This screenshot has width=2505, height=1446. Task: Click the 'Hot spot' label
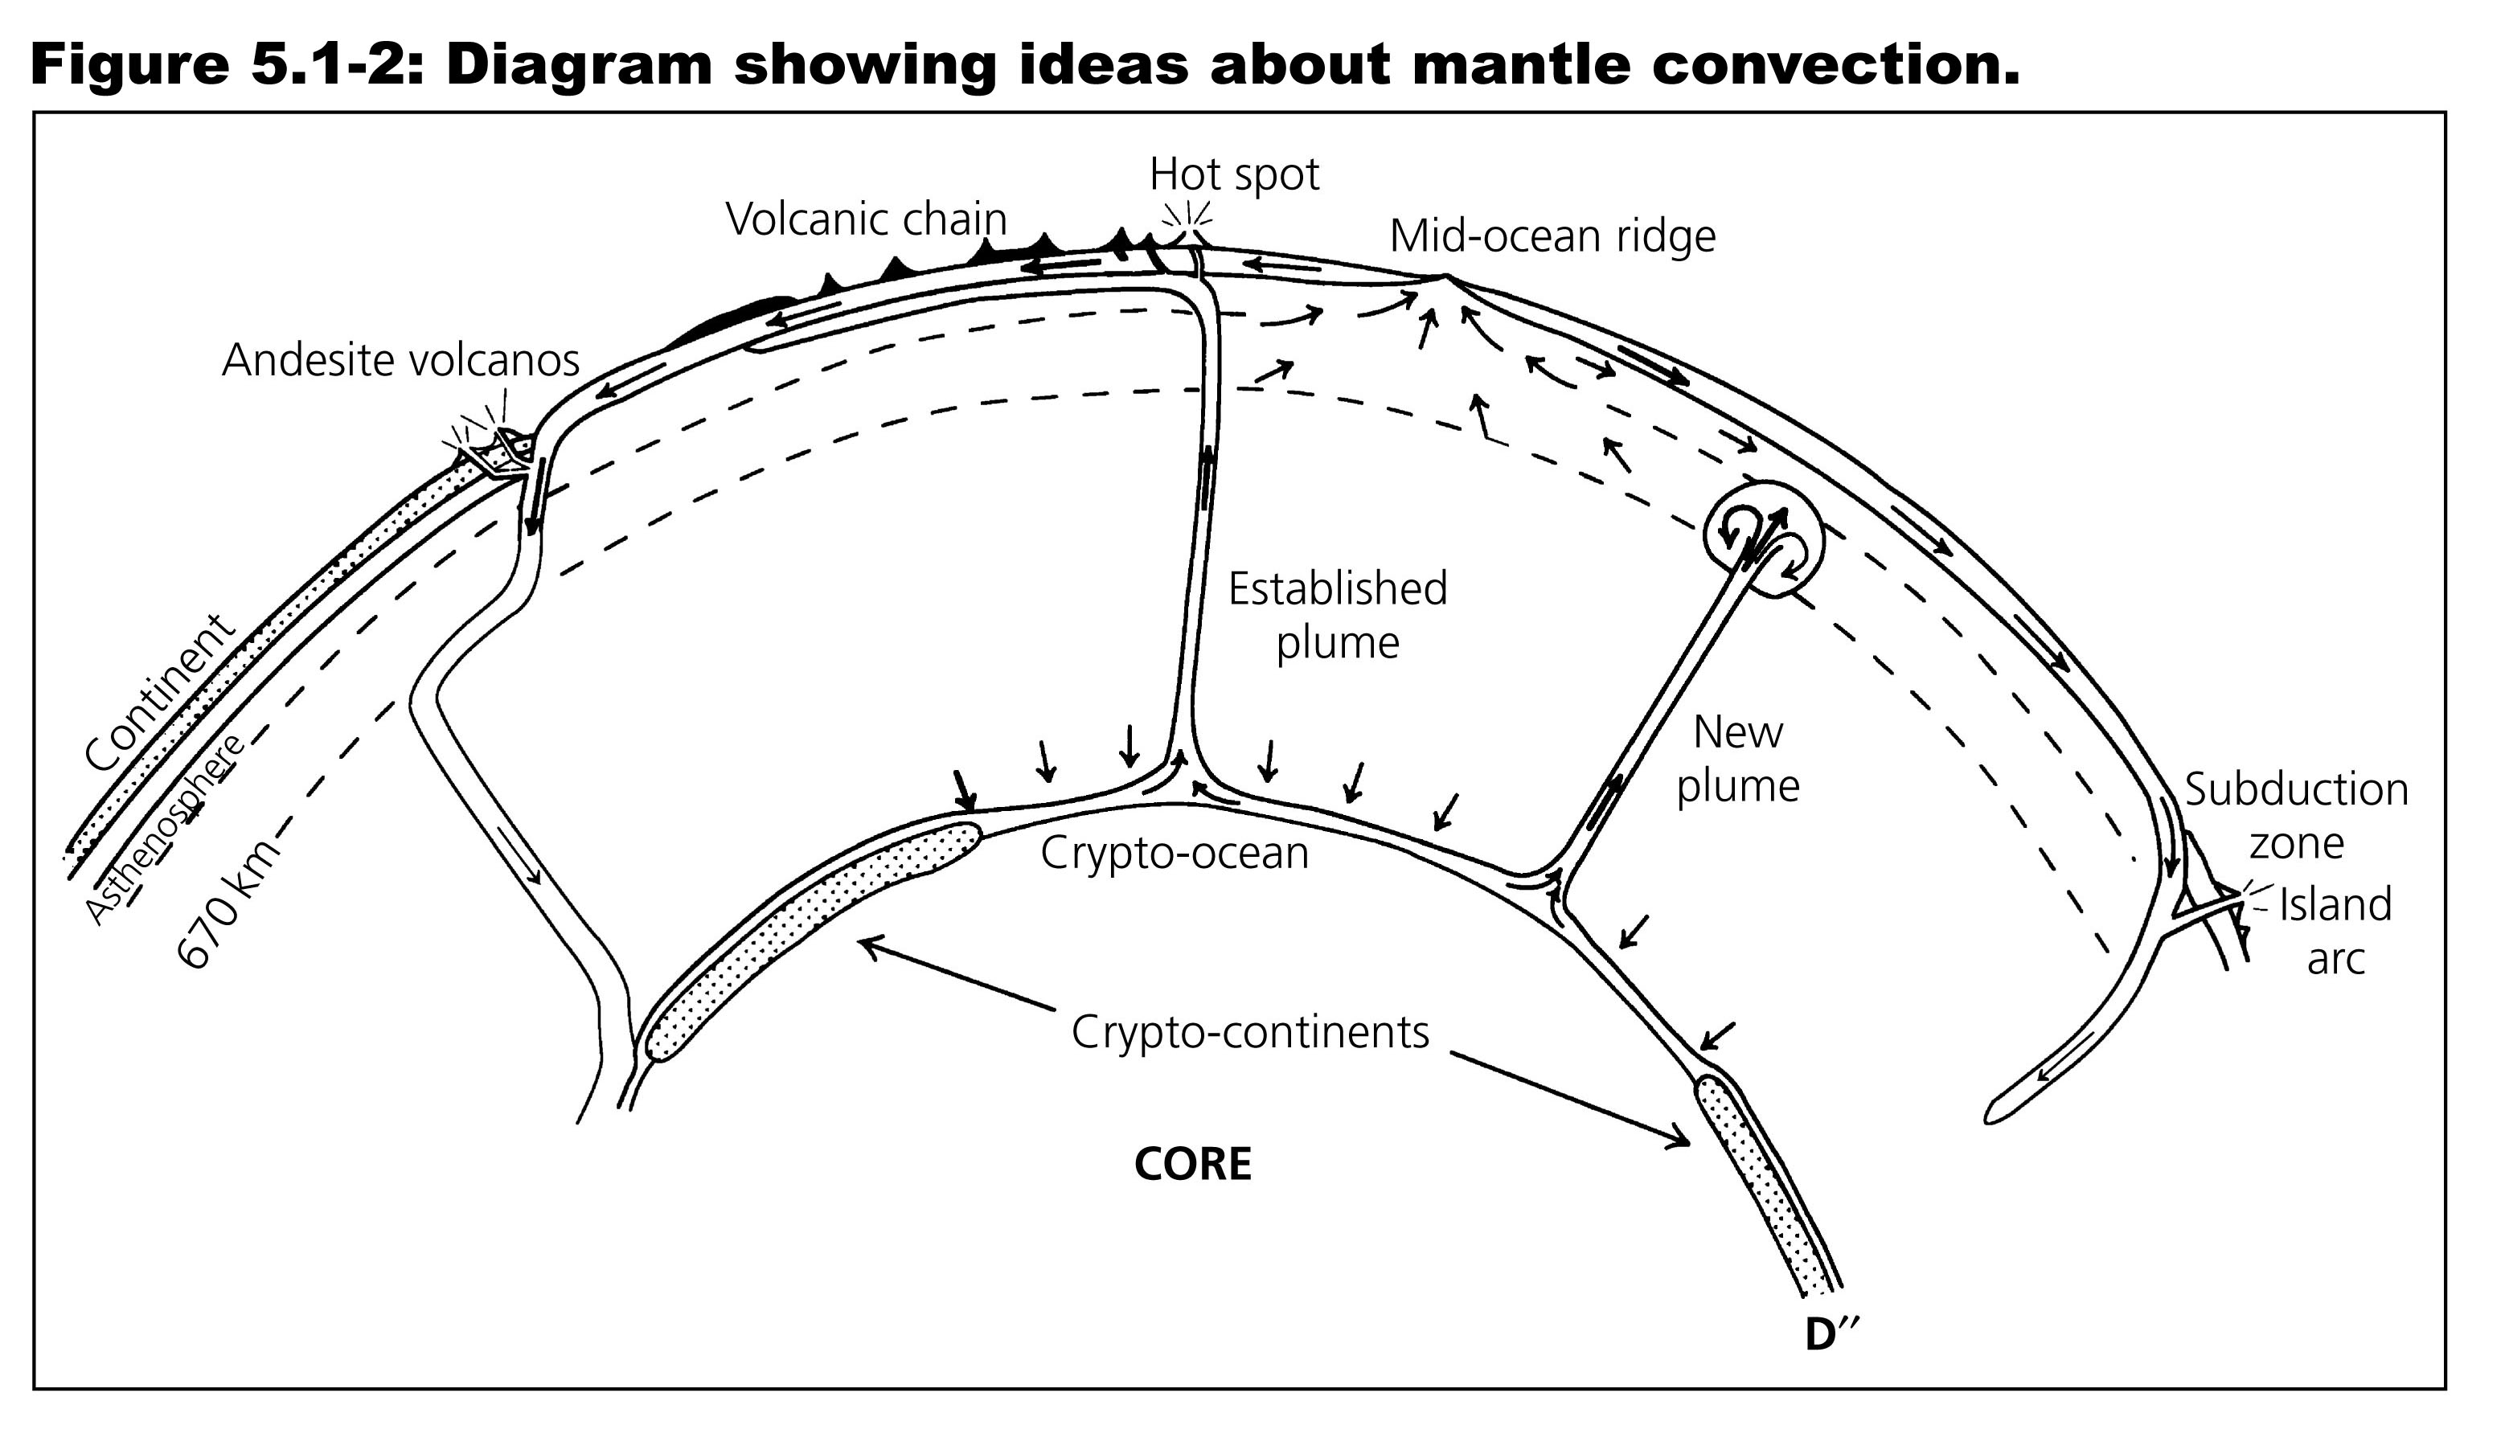point(1234,174)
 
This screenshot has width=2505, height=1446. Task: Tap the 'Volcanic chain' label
point(866,219)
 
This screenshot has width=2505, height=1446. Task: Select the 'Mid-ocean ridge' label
point(1552,236)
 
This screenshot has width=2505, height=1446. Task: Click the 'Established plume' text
point(1337,616)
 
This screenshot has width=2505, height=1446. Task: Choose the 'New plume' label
point(1737,760)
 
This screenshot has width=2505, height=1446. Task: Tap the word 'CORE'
point(1192,1164)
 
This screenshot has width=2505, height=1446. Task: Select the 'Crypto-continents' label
point(1249,1033)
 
